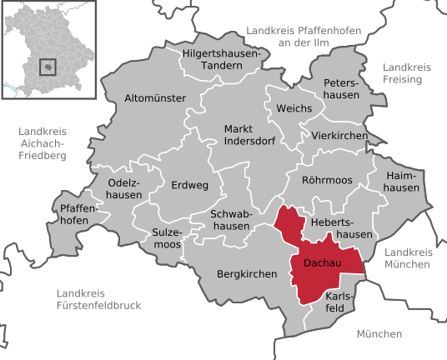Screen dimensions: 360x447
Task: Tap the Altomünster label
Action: click(154, 98)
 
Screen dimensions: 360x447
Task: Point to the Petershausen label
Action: click(342, 89)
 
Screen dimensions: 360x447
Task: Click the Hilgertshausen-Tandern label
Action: click(221, 60)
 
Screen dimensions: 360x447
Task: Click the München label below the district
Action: click(379, 333)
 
